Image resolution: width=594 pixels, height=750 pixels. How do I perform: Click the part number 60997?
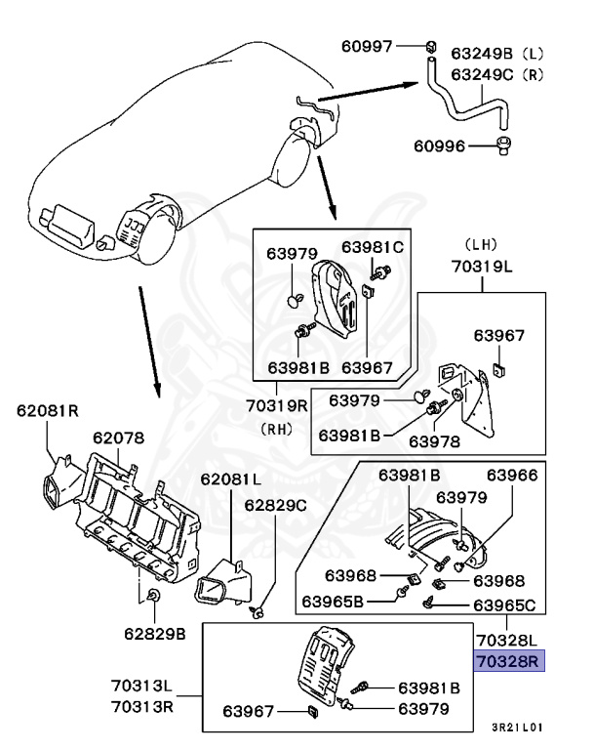(366, 46)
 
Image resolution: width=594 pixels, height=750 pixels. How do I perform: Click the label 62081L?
(231, 479)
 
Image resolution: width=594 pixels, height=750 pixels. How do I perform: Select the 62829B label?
(155, 634)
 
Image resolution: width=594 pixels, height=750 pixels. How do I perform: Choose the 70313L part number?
(140, 687)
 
